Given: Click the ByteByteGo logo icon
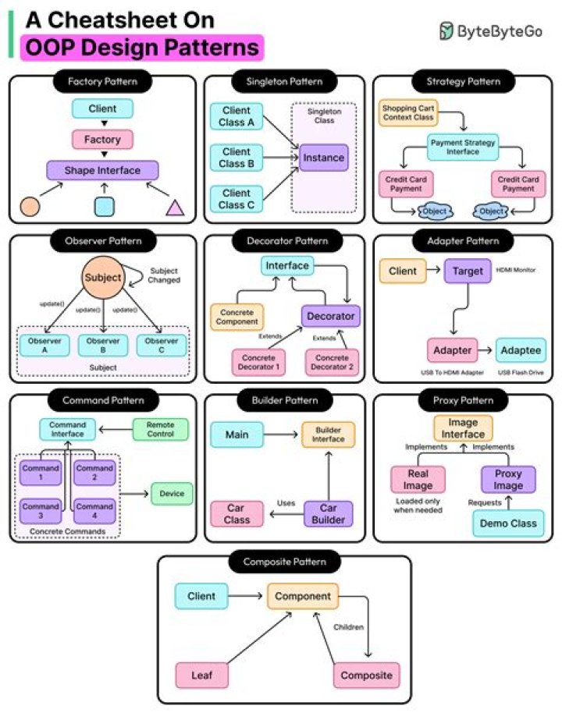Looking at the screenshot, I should point(446,31).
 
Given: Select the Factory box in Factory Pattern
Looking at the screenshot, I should point(103,140).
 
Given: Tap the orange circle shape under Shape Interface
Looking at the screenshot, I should point(29,206).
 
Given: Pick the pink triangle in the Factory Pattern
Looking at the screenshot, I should point(174,207).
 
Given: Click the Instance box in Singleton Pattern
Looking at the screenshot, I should point(324,158).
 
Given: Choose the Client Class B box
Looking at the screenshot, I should point(236,158).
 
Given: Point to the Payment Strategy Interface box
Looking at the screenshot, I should point(463,147).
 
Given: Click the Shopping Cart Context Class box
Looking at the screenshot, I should point(407,112).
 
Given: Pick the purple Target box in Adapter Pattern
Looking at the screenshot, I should point(468,271).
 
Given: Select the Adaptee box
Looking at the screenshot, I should point(521,350).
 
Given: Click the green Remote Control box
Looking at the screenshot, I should point(162,429).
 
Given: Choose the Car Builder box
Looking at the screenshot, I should point(328,513).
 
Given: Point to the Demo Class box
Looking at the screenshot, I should point(508,523).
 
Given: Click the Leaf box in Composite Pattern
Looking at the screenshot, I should point(201,676).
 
